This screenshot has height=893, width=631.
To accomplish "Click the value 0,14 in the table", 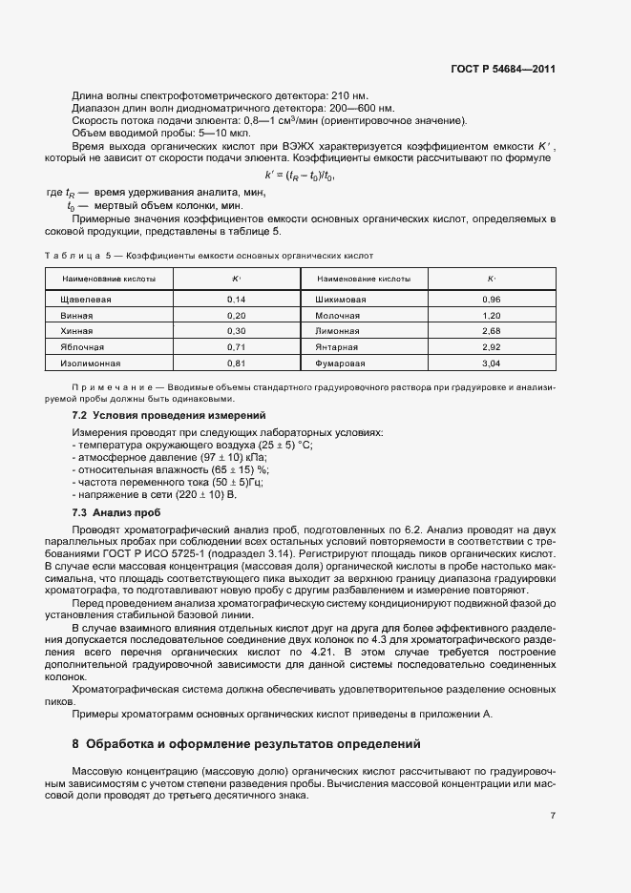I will coord(237,300).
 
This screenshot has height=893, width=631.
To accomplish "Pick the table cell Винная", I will coord(76,315).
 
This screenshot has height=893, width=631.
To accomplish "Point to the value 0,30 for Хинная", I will coord(237,330).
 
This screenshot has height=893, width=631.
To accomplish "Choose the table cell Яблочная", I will coord(81,346).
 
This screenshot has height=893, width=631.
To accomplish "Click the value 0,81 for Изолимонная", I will coord(237,363).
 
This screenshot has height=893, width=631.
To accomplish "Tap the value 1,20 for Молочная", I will coord(492,315).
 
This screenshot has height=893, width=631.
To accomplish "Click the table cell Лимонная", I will coord(333,330).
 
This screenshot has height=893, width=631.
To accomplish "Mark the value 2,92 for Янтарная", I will coord(492,346).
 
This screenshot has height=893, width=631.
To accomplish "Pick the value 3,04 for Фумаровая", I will coord(492,363).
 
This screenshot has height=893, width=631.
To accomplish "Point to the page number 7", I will coord(553,815).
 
